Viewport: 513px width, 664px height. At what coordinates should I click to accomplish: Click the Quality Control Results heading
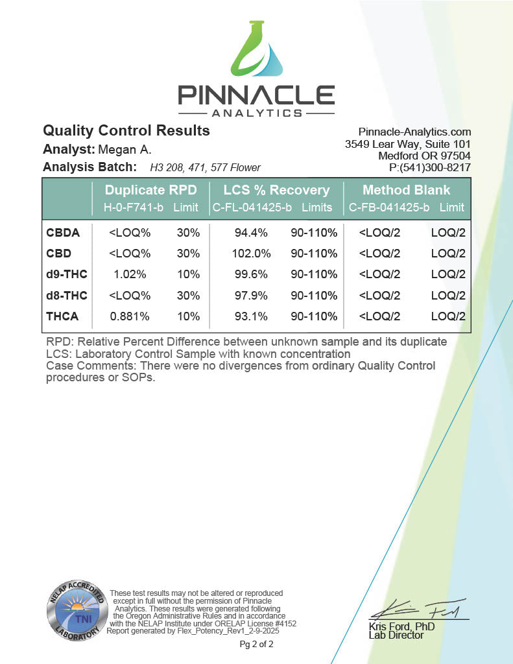coord(126,130)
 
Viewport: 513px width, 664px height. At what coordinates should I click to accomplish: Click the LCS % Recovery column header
coord(276,190)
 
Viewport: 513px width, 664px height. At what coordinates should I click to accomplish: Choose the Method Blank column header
coord(406,190)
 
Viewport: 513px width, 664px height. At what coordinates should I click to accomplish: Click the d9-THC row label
coord(67,274)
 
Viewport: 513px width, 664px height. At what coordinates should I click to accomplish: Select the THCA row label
coord(62,316)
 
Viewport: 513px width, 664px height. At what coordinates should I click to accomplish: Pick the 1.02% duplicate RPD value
coord(127,274)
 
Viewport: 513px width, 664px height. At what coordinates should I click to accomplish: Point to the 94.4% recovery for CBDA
coord(251,232)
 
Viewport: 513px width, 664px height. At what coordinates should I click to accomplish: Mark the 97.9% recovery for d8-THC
coord(251,295)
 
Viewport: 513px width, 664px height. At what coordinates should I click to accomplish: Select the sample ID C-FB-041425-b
coord(389,207)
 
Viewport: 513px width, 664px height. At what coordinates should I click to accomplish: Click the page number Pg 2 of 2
coord(257,645)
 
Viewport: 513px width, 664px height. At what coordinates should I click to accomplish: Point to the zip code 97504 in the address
coord(454,156)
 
